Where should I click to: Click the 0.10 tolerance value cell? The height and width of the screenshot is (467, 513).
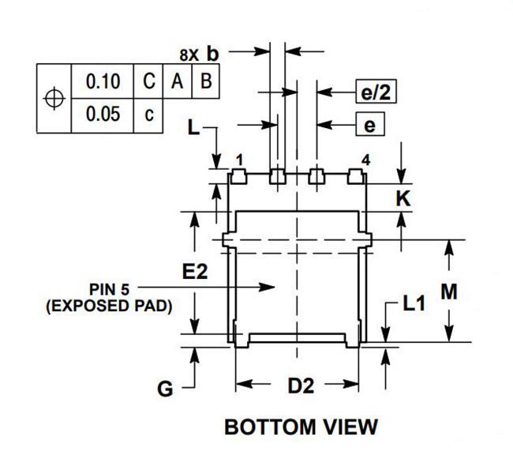tap(103, 81)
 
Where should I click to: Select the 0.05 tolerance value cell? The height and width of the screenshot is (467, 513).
tap(103, 115)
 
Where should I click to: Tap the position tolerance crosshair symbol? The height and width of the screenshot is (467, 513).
tap(54, 98)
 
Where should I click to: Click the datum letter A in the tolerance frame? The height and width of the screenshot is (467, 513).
tap(177, 81)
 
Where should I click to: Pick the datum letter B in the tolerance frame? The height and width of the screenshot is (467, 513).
tap(206, 81)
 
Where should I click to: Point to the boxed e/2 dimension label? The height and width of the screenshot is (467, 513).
tap(376, 92)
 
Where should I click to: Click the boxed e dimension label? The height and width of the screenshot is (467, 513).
tap(370, 124)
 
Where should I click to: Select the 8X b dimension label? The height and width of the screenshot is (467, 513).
tap(199, 54)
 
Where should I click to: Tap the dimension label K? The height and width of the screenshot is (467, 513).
tap(403, 198)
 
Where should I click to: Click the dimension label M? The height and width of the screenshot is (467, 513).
tap(449, 292)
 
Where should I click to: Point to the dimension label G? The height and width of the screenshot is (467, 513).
tap(165, 389)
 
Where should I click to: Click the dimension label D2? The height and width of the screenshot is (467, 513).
tap(301, 386)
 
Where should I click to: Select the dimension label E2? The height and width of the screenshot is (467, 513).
tap(195, 272)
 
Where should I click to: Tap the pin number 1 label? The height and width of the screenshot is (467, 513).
tap(240, 160)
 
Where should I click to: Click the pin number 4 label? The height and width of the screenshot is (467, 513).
tap(365, 160)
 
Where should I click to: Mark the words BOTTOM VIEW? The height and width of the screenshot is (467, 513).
tap(301, 427)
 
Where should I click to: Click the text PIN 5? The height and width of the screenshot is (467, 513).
tap(109, 289)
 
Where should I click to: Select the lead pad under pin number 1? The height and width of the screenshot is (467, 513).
tap(239, 176)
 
